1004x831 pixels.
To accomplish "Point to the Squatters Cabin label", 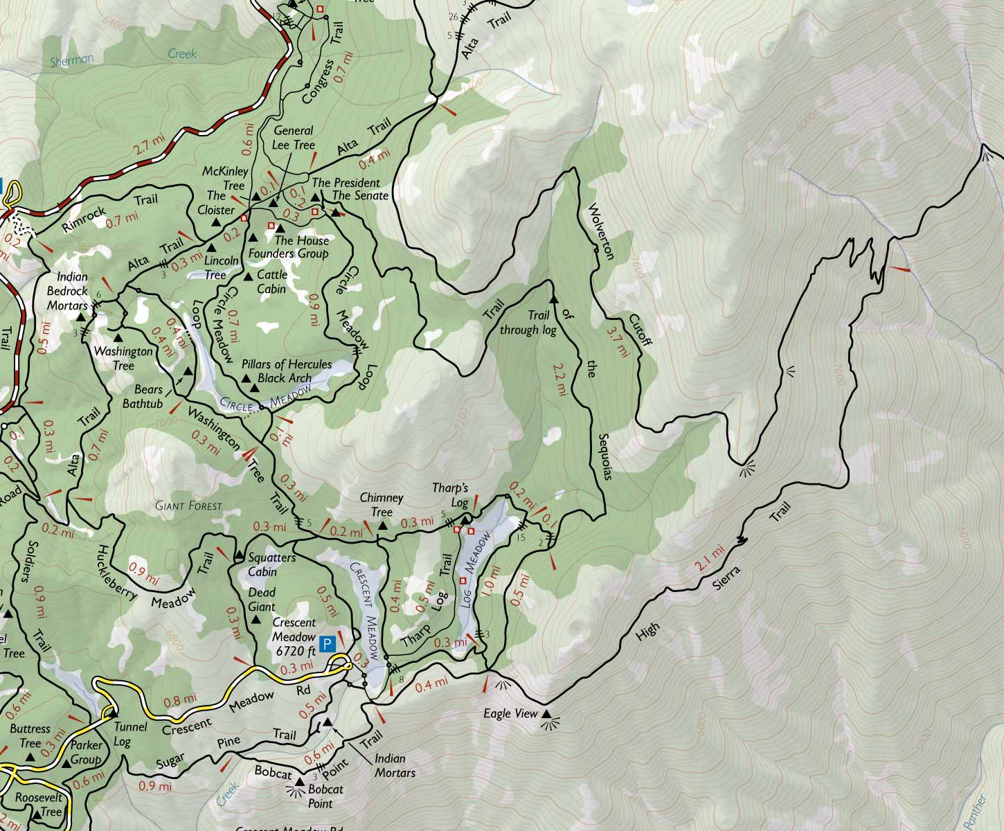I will (272, 564).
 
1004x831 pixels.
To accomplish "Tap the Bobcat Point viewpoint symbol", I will (300, 783).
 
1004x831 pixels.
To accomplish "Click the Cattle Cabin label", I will (271, 281).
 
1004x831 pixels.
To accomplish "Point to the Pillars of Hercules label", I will (286, 364).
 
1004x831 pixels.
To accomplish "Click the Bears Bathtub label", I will (143, 396).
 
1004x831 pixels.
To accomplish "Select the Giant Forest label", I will (188, 506).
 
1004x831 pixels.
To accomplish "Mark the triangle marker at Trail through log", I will (553, 300).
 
